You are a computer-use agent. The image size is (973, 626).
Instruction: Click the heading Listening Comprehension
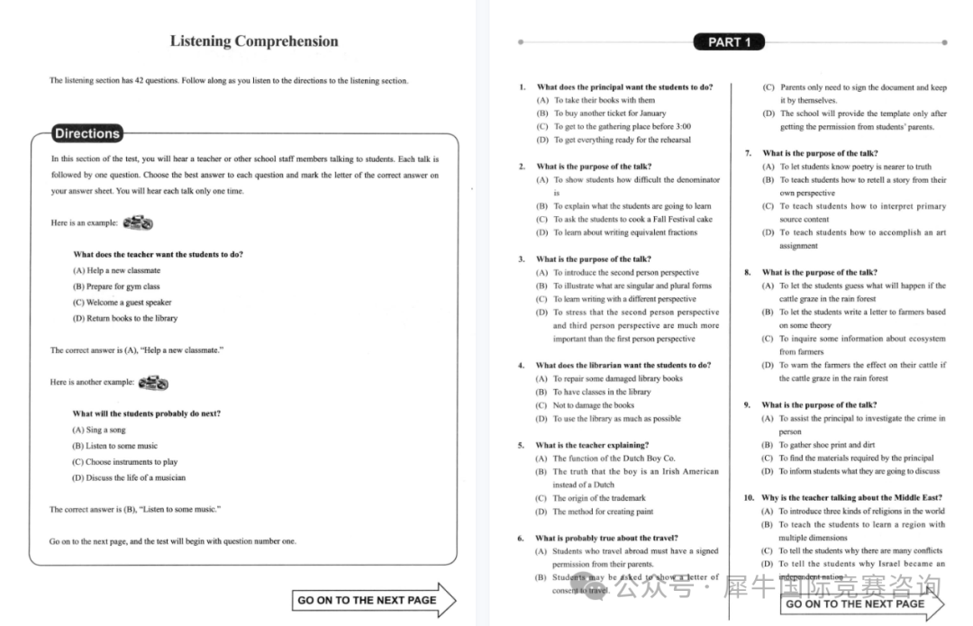tap(254, 41)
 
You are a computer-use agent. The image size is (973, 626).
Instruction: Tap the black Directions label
tap(86, 134)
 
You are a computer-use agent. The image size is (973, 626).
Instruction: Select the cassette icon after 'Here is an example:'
tap(138, 222)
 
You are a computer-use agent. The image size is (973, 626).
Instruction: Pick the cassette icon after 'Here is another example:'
tap(152, 382)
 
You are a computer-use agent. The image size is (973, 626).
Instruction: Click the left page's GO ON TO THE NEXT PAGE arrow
tap(374, 600)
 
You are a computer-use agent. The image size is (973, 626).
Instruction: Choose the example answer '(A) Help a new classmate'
tap(117, 270)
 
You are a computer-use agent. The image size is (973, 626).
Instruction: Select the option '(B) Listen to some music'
tap(114, 446)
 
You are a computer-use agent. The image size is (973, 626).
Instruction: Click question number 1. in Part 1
tap(522, 87)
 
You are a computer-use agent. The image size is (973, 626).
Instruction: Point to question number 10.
tap(749, 498)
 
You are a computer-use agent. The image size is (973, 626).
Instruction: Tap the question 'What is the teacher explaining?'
tap(592, 445)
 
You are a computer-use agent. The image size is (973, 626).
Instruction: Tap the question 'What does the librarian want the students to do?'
tap(623, 366)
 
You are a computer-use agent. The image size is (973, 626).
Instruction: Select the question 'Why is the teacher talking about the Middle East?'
tap(851, 498)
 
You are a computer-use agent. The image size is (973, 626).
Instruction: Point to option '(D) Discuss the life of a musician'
tap(129, 477)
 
